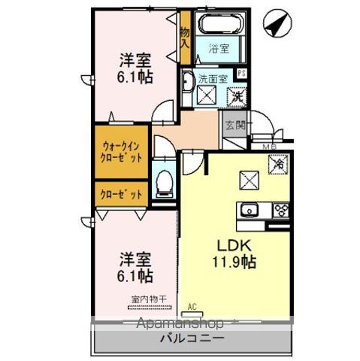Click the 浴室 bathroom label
[x=219, y=51]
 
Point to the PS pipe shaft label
[x=242, y=73]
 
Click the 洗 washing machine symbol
[x=236, y=96]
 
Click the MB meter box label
[x=266, y=147]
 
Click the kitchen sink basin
[x=249, y=209]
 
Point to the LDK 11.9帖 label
[x=237, y=254]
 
